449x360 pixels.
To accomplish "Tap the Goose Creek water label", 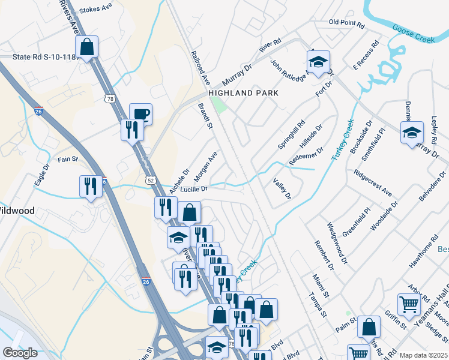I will pyautogui.click(x=413, y=33).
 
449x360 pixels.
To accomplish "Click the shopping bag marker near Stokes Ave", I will pyautogui.click(x=86, y=46).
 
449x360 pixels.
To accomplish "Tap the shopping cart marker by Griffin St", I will pyautogui.click(x=409, y=304).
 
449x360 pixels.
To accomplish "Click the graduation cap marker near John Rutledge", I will pyautogui.click(x=318, y=61).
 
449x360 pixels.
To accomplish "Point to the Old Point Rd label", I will pyautogui.click(x=347, y=25).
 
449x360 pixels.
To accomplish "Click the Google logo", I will pyautogui.click(x=20, y=353).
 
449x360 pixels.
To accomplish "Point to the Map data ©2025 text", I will pyautogui.click(x=424, y=355).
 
